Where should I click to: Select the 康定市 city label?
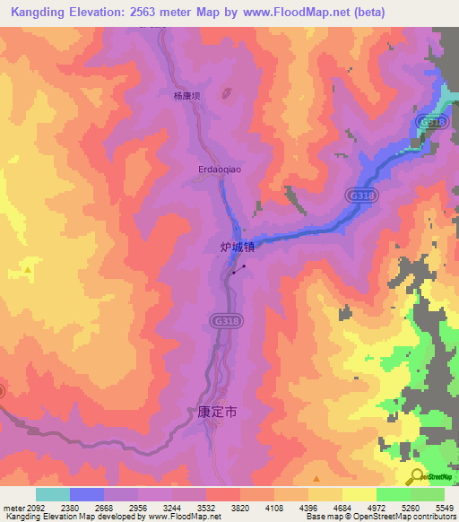tap(216, 414)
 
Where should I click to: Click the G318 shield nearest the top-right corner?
tap(432, 120)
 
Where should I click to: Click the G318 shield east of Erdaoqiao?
tap(359, 195)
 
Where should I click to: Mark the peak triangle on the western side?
tap(29, 268)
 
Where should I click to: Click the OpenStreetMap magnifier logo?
tap(417, 476)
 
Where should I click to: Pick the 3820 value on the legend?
tap(240, 507)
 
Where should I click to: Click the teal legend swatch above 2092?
tap(53, 494)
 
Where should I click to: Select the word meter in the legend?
tap(13, 507)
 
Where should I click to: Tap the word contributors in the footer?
tap(433, 517)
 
